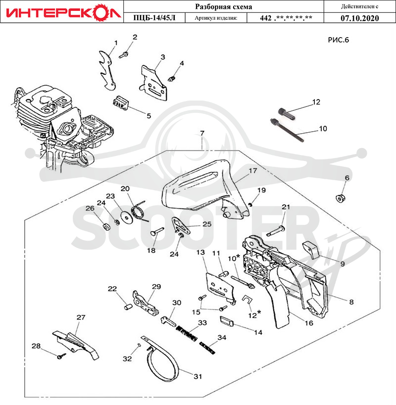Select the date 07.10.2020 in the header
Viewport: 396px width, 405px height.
coord(359,18)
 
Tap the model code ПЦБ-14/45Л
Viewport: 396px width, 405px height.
coord(154,18)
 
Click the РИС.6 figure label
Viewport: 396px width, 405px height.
coord(339,40)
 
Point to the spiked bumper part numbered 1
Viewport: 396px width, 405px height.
coord(106,70)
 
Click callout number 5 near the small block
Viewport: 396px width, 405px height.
coord(149,116)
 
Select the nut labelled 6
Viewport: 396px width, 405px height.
coord(341,199)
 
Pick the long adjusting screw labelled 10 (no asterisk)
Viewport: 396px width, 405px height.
coord(287,130)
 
